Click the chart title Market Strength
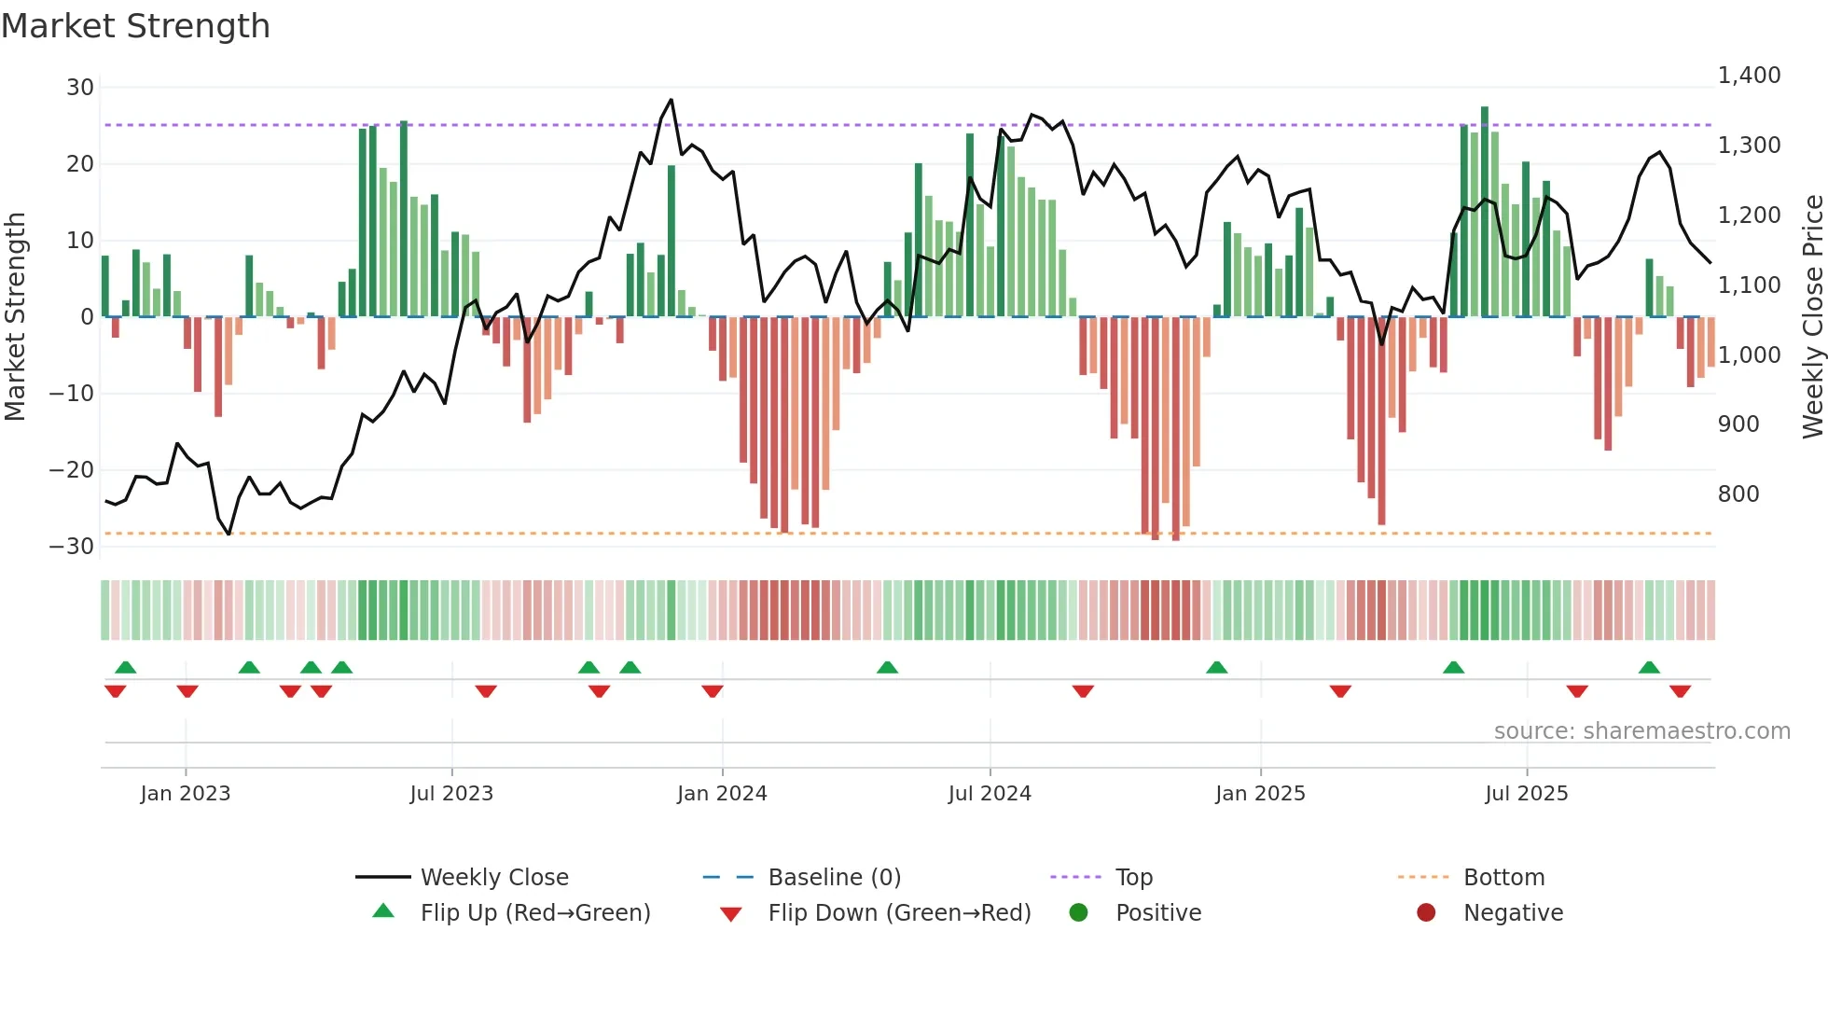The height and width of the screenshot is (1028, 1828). [x=135, y=26]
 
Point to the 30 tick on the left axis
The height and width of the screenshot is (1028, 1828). [x=80, y=88]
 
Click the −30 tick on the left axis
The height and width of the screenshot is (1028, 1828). [x=73, y=547]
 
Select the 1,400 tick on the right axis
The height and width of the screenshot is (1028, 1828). [x=1749, y=76]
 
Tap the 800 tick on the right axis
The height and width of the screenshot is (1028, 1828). [x=1738, y=494]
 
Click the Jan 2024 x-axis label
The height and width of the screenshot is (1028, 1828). [x=722, y=794]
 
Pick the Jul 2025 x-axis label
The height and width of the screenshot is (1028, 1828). [x=1526, y=794]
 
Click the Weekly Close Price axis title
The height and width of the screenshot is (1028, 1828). [x=1812, y=317]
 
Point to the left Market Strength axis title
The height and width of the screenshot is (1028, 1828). [x=15, y=317]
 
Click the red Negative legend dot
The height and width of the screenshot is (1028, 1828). [x=1426, y=913]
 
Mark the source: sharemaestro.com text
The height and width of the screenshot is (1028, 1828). [x=1641, y=731]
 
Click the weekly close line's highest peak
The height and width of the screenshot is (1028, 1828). [x=671, y=100]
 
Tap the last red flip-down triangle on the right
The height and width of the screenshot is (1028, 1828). [x=1680, y=691]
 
